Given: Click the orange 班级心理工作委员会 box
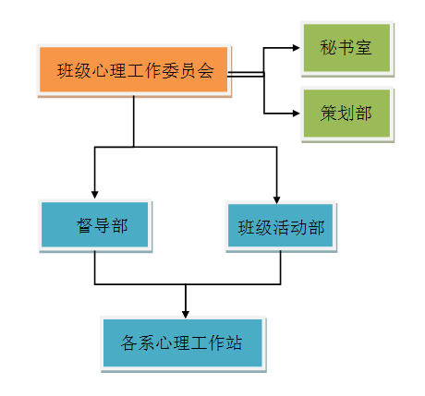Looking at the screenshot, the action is (x=134, y=70).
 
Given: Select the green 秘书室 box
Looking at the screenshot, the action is (x=347, y=48).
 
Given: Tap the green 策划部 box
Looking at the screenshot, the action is (x=347, y=114).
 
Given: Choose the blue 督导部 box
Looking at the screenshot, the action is (x=95, y=225).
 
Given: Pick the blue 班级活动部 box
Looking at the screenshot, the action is (x=281, y=227).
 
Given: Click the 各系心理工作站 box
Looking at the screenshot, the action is (x=184, y=343).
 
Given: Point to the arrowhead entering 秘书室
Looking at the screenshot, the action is (x=296, y=48).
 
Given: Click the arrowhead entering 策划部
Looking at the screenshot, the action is (x=296, y=114).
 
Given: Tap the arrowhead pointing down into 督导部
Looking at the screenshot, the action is (x=95, y=195).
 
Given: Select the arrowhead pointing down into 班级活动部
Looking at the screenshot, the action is (x=276, y=199).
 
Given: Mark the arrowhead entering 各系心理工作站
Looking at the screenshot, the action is (x=186, y=314).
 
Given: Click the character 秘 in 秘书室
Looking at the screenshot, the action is (x=328, y=48).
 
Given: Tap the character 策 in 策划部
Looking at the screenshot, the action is (x=329, y=113).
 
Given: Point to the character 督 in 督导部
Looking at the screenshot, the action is (x=85, y=225).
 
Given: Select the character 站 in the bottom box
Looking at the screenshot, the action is (x=234, y=342).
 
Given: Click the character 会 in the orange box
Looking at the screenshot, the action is (x=205, y=70).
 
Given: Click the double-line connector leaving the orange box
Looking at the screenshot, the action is (x=246, y=74).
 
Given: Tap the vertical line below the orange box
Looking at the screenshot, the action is (x=134, y=121).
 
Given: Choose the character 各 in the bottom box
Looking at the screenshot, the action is (x=129, y=342).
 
